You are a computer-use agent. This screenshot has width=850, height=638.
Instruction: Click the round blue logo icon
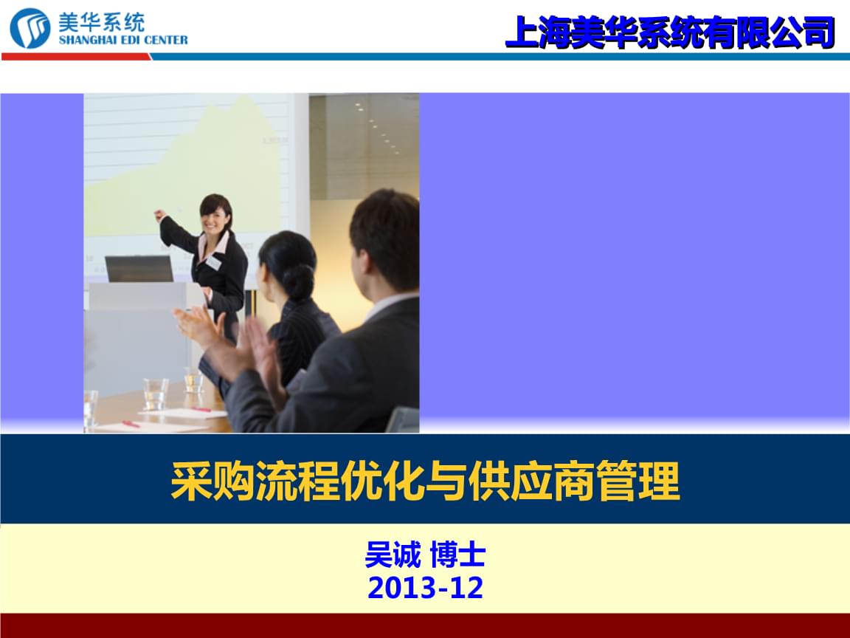click(x=30, y=27)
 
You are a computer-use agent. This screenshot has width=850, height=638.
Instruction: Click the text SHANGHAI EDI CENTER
click(x=123, y=40)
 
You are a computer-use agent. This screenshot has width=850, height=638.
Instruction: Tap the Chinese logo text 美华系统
click(x=101, y=22)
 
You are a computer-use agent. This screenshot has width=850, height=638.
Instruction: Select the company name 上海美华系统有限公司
click(x=669, y=32)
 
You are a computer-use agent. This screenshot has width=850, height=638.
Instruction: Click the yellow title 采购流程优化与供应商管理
click(x=426, y=481)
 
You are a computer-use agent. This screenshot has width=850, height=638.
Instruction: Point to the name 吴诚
click(x=393, y=555)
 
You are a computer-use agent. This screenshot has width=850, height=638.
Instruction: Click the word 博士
click(x=457, y=555)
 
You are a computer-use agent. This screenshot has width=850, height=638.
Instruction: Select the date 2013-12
click(x=426, y=588)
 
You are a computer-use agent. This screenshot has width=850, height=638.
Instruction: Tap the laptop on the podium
click(x=139, y=269)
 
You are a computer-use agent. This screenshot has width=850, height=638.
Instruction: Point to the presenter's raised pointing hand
click(x=160, y=215)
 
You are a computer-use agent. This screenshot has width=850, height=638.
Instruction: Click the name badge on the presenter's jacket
click(x=213, y=263)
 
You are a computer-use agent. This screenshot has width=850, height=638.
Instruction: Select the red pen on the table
click(x=130, y=424)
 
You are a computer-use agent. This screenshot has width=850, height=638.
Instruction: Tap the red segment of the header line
click(x=77, y=56)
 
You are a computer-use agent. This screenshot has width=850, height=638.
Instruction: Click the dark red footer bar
click(x=425, y=625)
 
